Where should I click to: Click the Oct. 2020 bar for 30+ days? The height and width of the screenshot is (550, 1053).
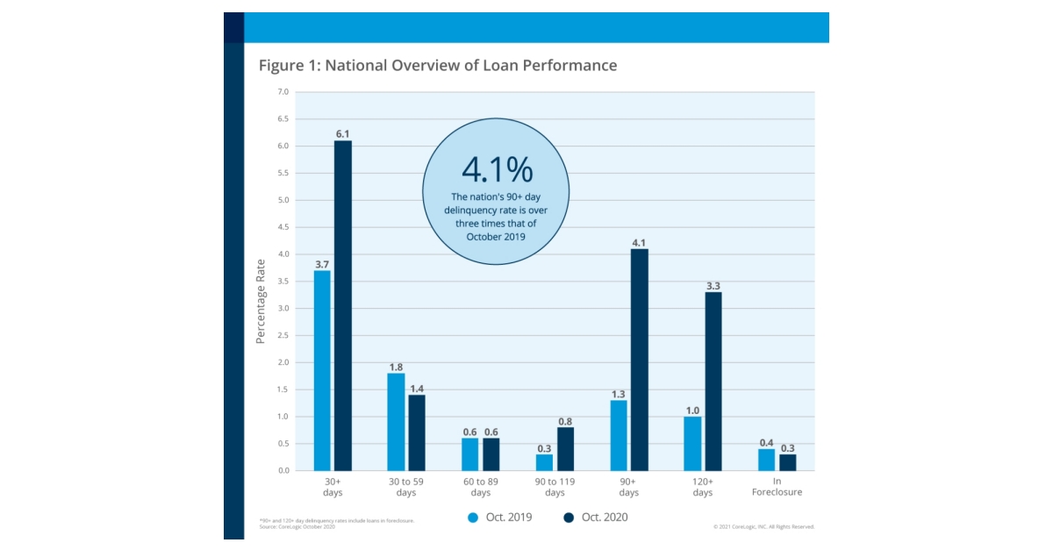(x=342, y=305)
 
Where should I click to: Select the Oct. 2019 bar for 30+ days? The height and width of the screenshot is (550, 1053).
(x=322, y=370)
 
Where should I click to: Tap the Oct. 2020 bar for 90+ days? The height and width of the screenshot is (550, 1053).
(x=639, y=360)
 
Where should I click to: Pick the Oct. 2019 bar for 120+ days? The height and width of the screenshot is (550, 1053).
(x=693, y=443)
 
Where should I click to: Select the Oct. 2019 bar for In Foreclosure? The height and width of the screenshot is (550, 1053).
(x=767, y=460)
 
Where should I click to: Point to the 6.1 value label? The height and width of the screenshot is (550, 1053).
(x=342, y=133)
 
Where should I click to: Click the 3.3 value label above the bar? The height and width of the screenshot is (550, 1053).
(x=713, y=285)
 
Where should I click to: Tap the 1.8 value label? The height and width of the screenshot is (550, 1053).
(x=396, y=367)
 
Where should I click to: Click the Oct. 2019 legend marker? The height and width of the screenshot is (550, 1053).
(x=473, y=518)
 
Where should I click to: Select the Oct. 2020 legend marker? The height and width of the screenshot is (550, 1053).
(x=569, y=518)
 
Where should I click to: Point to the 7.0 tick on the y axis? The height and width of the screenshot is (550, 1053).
(x=283, y=92)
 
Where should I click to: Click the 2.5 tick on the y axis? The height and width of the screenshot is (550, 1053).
(x=283, y=335)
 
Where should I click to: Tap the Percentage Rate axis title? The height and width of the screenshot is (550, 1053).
(x=261, y=301)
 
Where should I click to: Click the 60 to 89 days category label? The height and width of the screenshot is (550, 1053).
(x=480, y=486)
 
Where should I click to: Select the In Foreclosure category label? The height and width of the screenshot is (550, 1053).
(x=777, y=486)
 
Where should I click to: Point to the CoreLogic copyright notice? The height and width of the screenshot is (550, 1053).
(x=763, y=526)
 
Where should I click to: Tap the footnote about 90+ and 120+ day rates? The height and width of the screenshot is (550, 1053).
(x=337, y=520)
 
